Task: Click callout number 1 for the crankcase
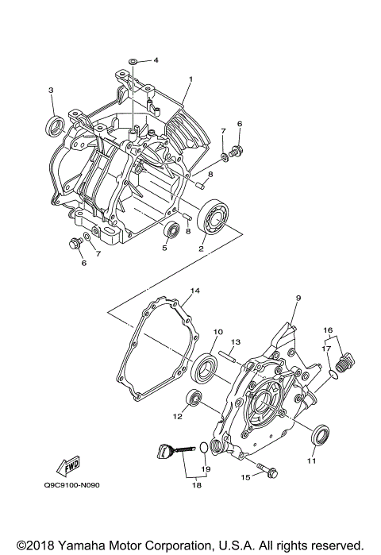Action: [190, 80]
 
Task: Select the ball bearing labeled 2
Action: [217, 215]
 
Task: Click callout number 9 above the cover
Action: [299, 298]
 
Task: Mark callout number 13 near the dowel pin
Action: [234, 343]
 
